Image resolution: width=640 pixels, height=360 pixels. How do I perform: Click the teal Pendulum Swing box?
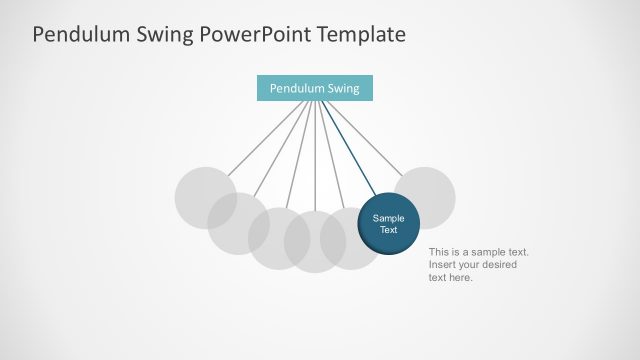pyautogui.click(x=314, y=88)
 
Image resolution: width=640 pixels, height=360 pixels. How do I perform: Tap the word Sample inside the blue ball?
pyautogui.click(x=388, y=218)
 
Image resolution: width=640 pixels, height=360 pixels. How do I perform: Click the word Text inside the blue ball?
pyautogui.click(x=388, y=230)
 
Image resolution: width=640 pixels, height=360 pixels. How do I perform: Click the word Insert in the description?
pyautogui.click(x=442, y=265)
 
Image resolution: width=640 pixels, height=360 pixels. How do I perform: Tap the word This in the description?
pyautogui.click(x=440, y=252)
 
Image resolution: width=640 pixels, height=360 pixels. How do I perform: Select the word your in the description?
pyautogui.click(x=472, y=265)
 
